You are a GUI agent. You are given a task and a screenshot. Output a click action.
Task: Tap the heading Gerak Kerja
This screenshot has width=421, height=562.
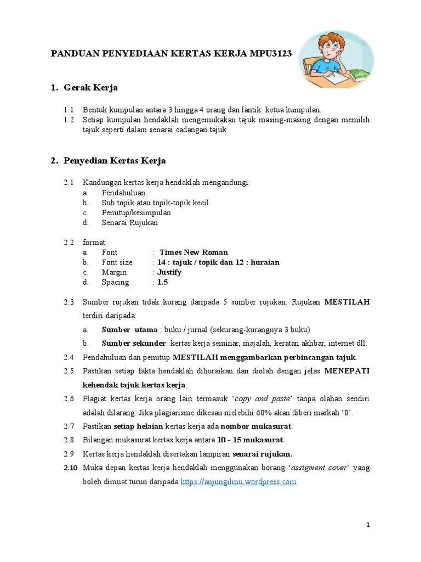(90, 87)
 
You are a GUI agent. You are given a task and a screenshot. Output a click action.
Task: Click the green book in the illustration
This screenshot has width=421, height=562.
(360, 75)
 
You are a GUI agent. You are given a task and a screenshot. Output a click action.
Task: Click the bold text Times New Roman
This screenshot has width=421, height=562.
(194, 252)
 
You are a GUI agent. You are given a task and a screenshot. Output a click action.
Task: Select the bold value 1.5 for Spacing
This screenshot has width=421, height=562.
(162, 282)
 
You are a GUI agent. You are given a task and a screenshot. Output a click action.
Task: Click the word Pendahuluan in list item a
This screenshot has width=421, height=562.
(123, 193)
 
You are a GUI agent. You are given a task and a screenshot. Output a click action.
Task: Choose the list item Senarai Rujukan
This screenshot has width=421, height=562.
(130, 222)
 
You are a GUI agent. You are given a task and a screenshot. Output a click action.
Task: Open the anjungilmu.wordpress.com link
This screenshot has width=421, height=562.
(238, 481)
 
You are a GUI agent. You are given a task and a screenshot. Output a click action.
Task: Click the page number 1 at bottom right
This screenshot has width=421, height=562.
(368, 525)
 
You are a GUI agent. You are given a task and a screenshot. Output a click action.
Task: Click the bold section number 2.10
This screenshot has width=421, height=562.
(71, 468)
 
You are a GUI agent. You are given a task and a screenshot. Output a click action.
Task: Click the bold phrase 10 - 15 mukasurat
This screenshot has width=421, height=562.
(252, 440)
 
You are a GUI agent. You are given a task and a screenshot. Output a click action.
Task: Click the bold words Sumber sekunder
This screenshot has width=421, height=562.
(134, 344)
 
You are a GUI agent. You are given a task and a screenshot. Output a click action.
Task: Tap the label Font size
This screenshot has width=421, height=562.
(117, 262)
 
